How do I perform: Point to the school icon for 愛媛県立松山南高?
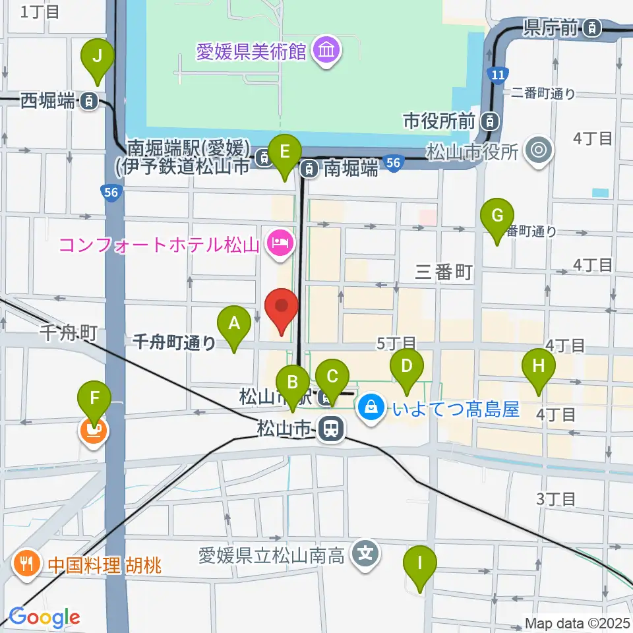pos(366,551)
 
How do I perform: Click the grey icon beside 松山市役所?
pos(539,151)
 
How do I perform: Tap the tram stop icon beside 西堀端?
pos(88,102)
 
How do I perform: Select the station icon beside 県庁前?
pos(593,27)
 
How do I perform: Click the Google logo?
pos(44,618)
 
